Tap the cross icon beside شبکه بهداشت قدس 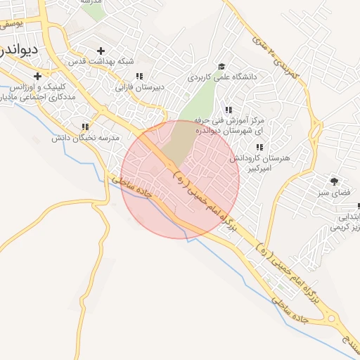point(101,51)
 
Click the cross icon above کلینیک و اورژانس point(37,75)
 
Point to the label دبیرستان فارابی point(139,88)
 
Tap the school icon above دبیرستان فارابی point(140,76)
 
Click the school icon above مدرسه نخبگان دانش point(85,127)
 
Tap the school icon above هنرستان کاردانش point(259,147)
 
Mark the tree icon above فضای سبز point(333,180)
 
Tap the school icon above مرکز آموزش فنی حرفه point(228,110)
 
